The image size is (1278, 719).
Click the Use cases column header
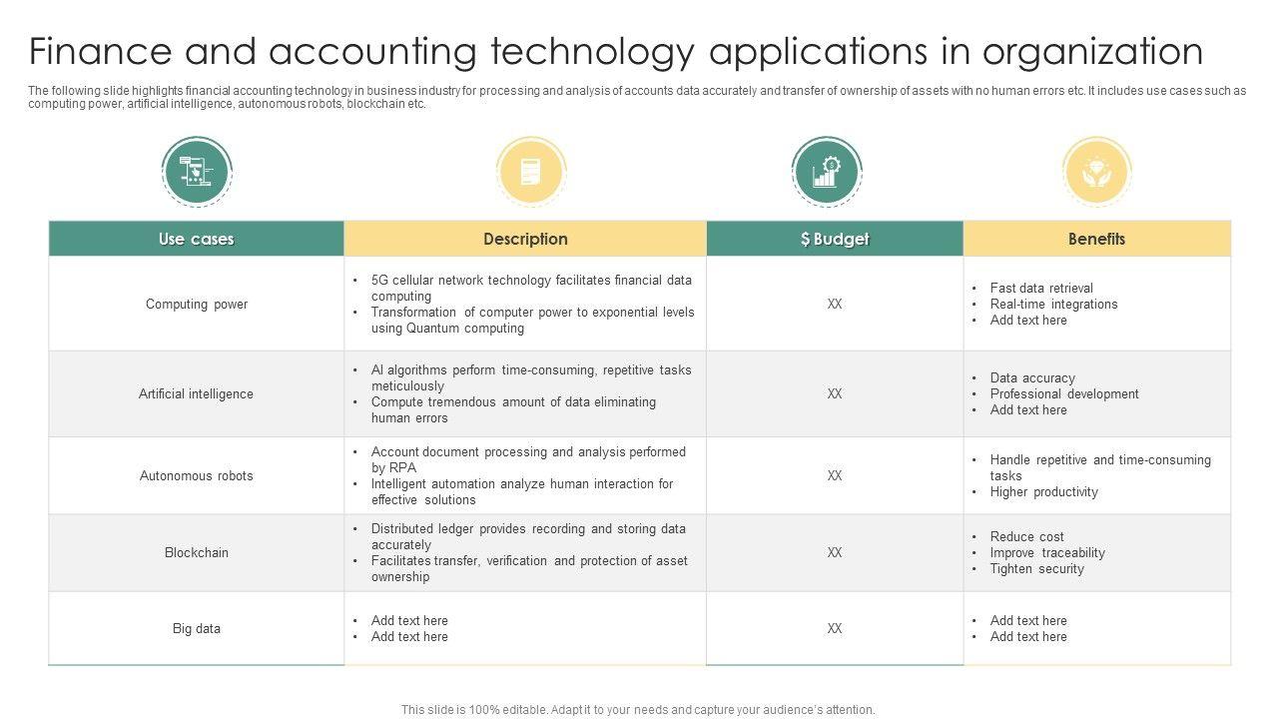(x=196, y=239)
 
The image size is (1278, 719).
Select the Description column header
(x=525, y=239)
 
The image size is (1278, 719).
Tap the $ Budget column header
(x=835, y=239)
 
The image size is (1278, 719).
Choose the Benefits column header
(x=1096, y=239)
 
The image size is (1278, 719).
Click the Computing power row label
(x=197, y=304)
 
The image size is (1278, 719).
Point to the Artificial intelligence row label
(x=196, y=393)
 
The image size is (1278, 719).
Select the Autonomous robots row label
(x=197, y=475)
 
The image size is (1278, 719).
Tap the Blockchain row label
(x=197, y=552)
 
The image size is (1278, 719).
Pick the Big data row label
(x=197, y=628)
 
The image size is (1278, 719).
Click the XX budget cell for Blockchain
(x=835, y=552)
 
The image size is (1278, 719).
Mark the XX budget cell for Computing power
(x=835, y=304)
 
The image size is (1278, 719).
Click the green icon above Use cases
(x=197, y=172)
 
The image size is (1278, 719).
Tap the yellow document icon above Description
(x=530, y=172)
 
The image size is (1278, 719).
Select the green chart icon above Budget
(x=826, y=172)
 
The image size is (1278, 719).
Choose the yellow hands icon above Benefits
(x=1096, y=172)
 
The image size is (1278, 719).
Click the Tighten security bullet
(x=1036, y=568)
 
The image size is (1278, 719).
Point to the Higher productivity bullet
(x=1043, y=491)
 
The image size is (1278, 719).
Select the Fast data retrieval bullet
(x=1041, y=288)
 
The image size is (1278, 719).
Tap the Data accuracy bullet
(x=1032, y=377)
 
